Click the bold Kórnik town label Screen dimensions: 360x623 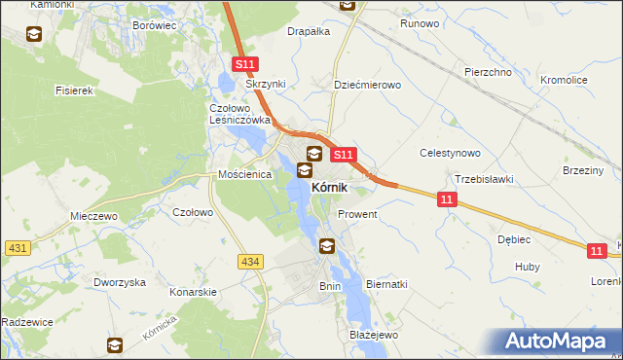(x=330, y=187)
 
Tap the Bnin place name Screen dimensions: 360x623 (x=330, y=286)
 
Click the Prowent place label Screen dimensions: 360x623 (x=356, y=213)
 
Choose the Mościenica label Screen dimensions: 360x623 (x=243, y=175)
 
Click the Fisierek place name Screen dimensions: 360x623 (x=73, y=90)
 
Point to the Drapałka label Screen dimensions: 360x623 (x=309, y=31)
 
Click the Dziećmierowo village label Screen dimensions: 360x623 (x=367, y=85)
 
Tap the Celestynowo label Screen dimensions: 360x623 (x=450, y=153)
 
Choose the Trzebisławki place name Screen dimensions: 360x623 (x=484, y=179)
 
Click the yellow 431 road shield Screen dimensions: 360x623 (x=17, y=248)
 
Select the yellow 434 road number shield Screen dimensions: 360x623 (x=250, y=261)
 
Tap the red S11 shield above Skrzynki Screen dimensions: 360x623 (x=245, y=65)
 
